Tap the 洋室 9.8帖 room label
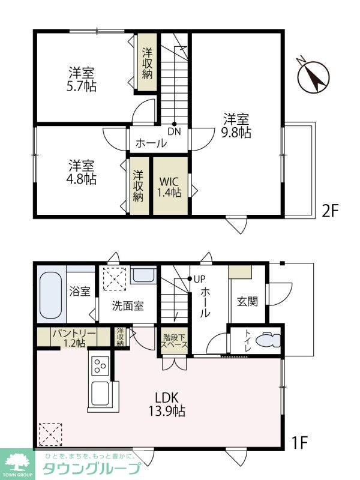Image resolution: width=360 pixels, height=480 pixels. click(236, 125)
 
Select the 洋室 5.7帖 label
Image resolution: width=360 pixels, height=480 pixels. click(82, 80)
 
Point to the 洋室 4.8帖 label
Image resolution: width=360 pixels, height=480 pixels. click(82, 172)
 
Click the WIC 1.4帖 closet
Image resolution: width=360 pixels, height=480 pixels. click(170, 186)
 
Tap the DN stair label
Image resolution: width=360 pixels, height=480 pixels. click(174, 131)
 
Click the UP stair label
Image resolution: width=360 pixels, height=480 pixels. click(200, 279)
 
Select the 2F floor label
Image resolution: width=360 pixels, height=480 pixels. click(329, 211)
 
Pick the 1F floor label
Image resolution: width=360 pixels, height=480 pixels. click(299, 442)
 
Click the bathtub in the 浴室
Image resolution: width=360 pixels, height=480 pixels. click(51, 295)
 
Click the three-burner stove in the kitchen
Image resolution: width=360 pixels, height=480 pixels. click(100, 365)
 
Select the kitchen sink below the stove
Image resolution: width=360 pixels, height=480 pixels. click(100, 393)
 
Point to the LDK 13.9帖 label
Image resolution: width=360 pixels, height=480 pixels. click(167, 404)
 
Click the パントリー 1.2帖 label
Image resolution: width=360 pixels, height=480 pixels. click(74, 338)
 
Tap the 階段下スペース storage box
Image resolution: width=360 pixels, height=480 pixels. click(175, 341)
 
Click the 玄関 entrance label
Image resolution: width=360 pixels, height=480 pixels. click(247, 302)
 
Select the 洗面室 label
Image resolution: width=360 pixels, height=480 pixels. click(128, 305)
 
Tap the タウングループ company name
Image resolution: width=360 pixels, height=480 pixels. click(92, 468)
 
